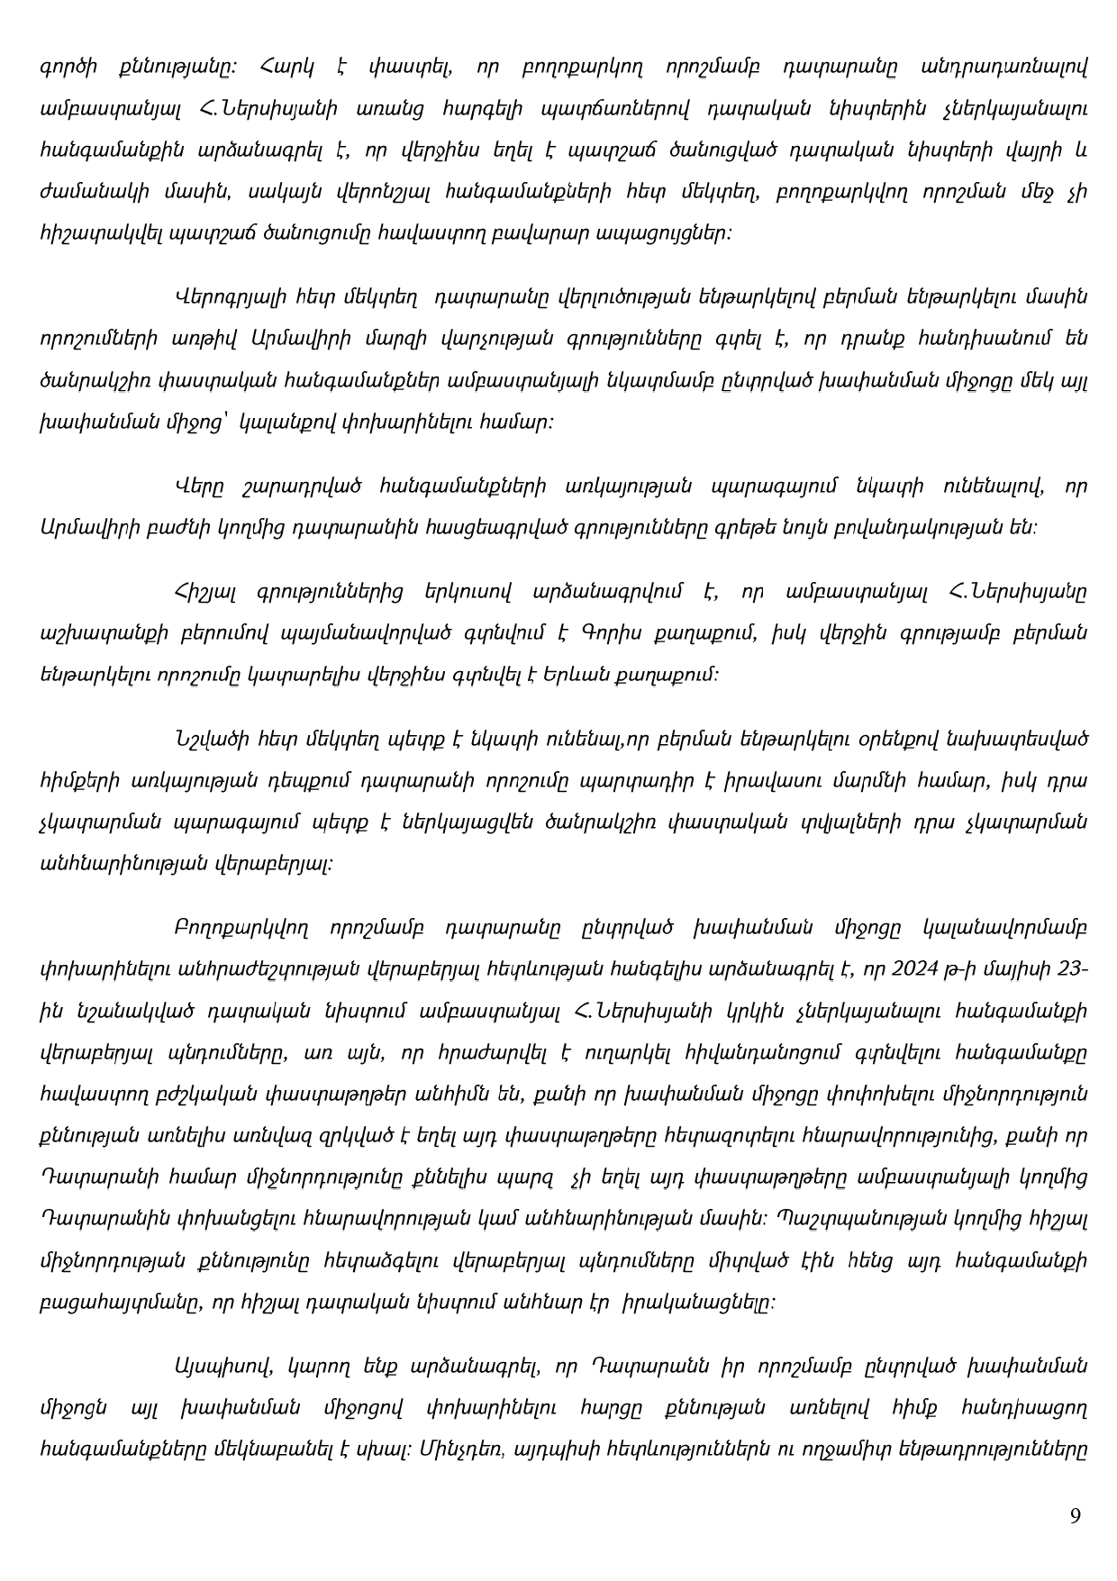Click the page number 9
pyautogui.click(x=1075, y=1515)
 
